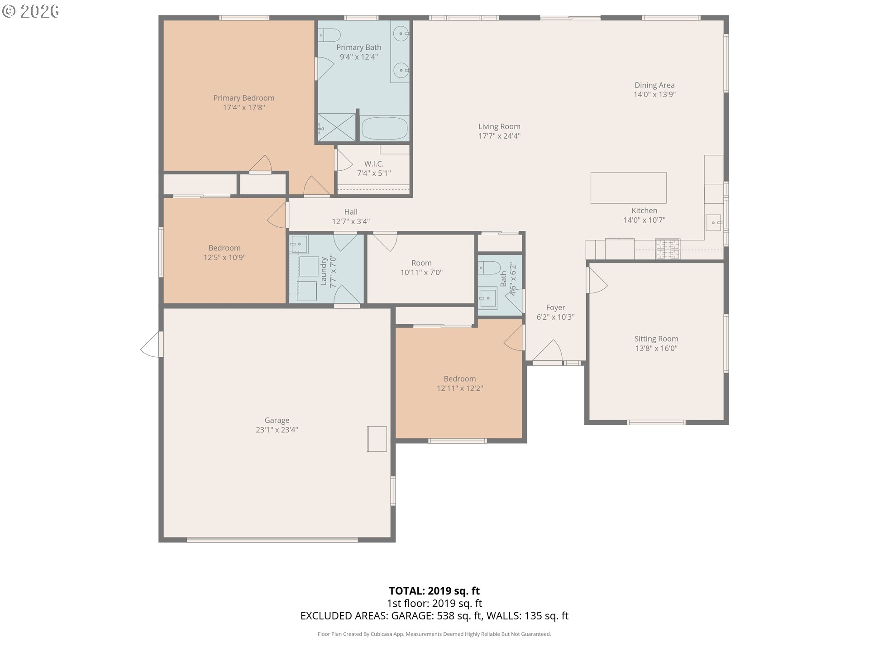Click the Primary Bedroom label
coord(244,98)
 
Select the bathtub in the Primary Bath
coord(385,128)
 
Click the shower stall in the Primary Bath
coord(337,127)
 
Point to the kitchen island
coord(628,187)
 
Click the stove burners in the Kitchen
coord(668,249)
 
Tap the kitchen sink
coord(714,223)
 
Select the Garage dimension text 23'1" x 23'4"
coord(277,430)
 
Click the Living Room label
coord(499,126)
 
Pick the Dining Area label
coord(654,85)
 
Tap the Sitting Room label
coord(656,339)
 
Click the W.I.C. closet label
coord(374,163)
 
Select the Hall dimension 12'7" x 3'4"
coord(351,221)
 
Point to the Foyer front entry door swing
coord(548,351)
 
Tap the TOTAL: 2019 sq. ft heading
coord(434,591)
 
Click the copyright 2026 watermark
coord(31,11)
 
